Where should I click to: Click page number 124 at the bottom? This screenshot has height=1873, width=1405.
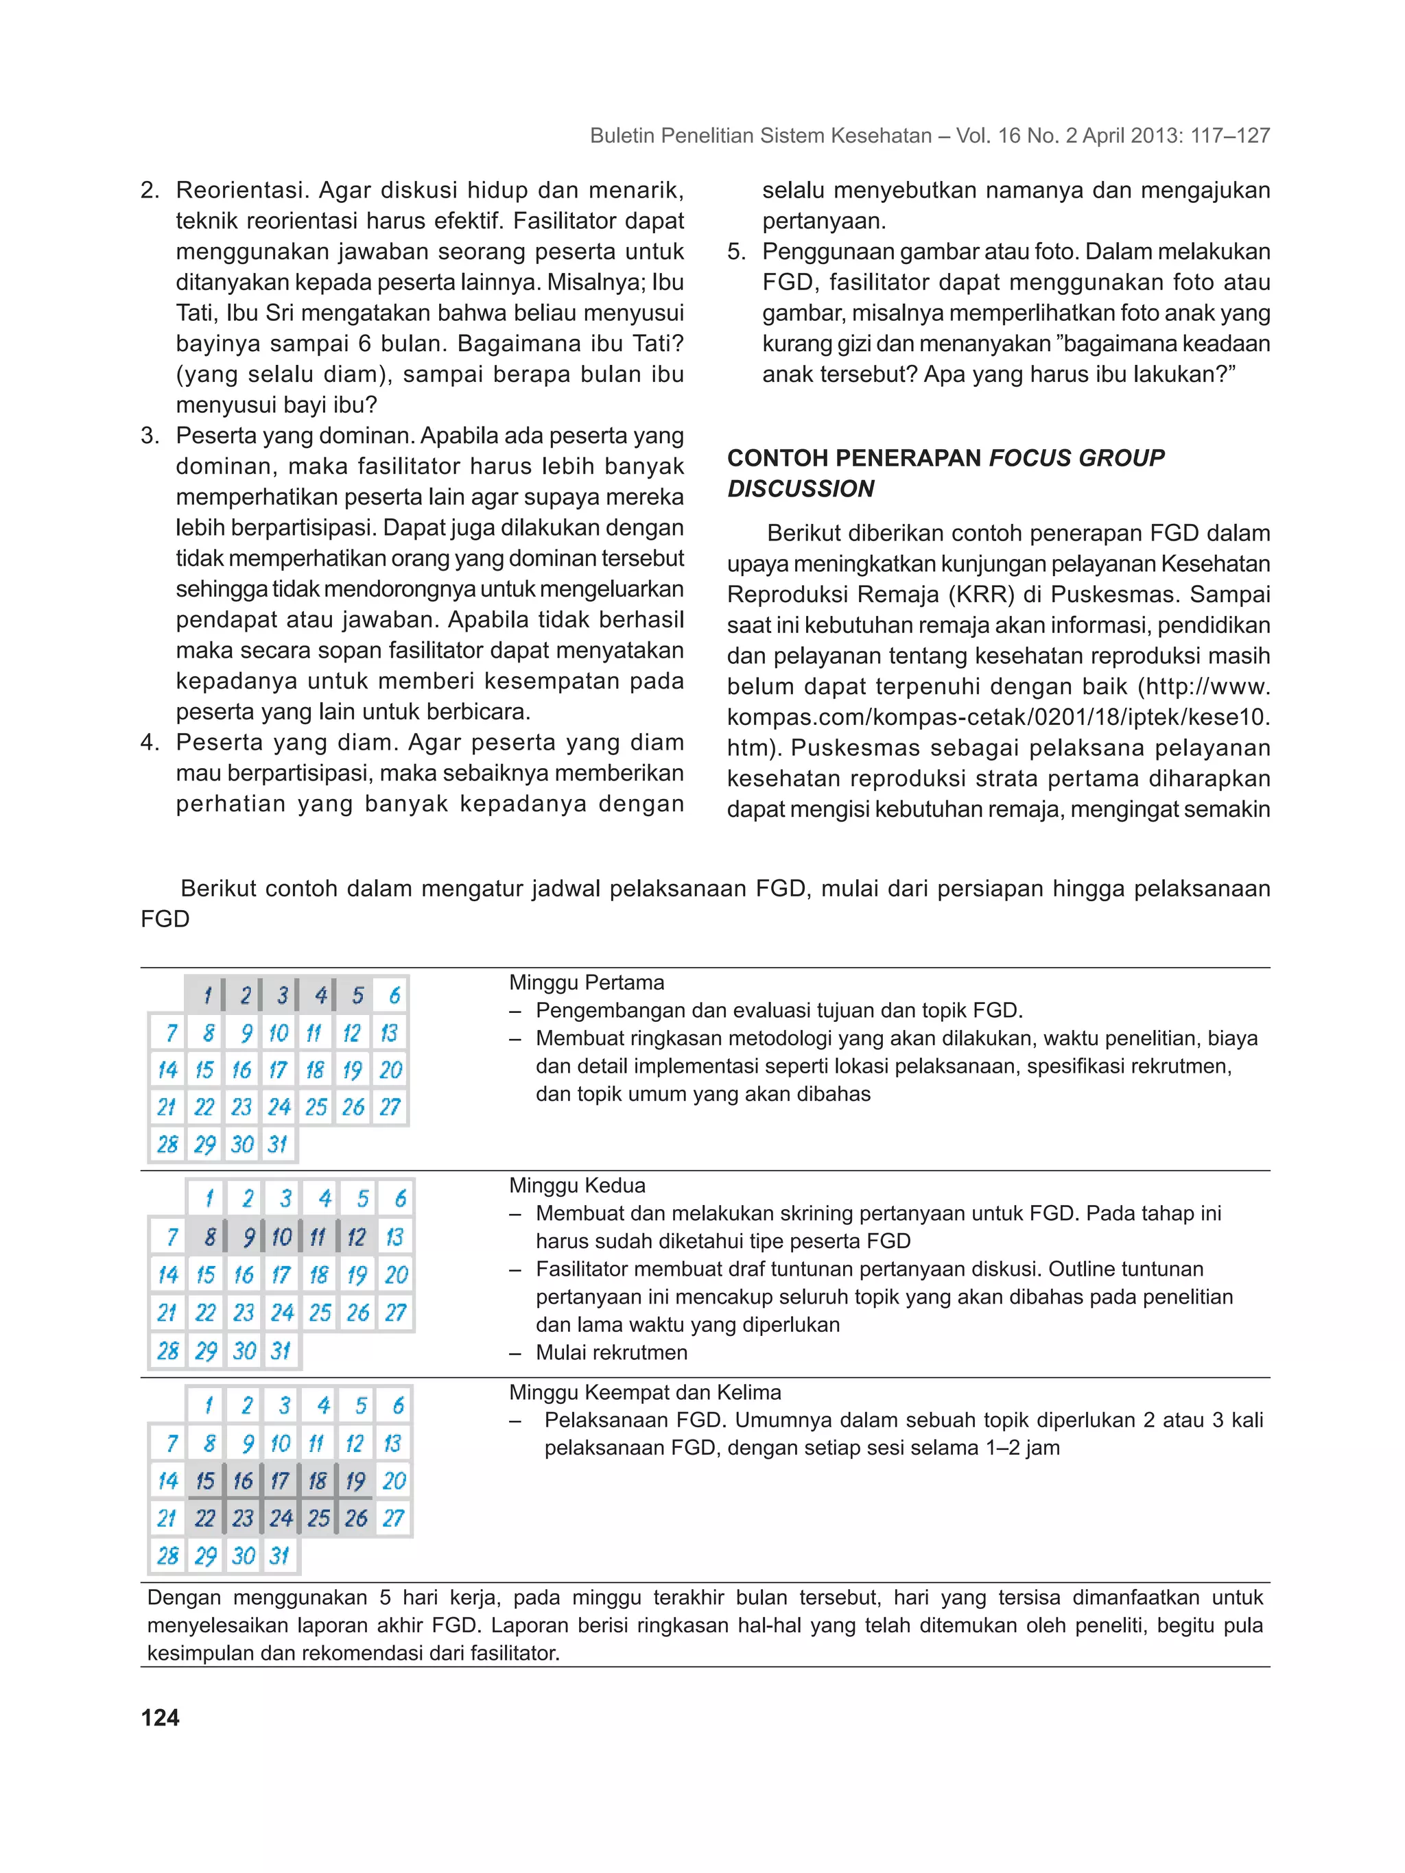click(x=160, y=1717)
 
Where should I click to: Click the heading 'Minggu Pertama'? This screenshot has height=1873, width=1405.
click(x=586, y=982)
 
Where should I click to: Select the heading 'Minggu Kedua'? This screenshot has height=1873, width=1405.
click(x=577, y=1185)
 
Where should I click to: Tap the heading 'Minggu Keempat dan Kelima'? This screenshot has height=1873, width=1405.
click(x=644, y=1392)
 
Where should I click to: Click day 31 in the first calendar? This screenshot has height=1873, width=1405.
click(x=278, y=1144)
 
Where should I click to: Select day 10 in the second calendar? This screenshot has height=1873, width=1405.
click(x=281, y=1237)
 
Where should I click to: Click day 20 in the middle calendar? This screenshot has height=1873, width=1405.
click(x=396, y=1274)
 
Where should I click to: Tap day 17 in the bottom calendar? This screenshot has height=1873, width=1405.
click(x=279, y=1480)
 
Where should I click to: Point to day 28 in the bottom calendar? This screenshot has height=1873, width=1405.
click(x=167, y=1555)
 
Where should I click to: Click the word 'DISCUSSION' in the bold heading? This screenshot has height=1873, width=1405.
click(x=801, y=488)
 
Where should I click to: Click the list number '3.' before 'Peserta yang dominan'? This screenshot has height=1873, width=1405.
click(x=150, y=436)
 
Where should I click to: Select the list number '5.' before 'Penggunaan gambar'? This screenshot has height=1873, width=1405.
click(x=736, y=252)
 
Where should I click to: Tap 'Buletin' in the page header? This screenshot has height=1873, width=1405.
click(x=621, y=136)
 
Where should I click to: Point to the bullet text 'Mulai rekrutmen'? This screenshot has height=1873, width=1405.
click(x=611, y=1352)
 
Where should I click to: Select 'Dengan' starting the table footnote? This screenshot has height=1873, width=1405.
click(x=184, y=1598)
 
